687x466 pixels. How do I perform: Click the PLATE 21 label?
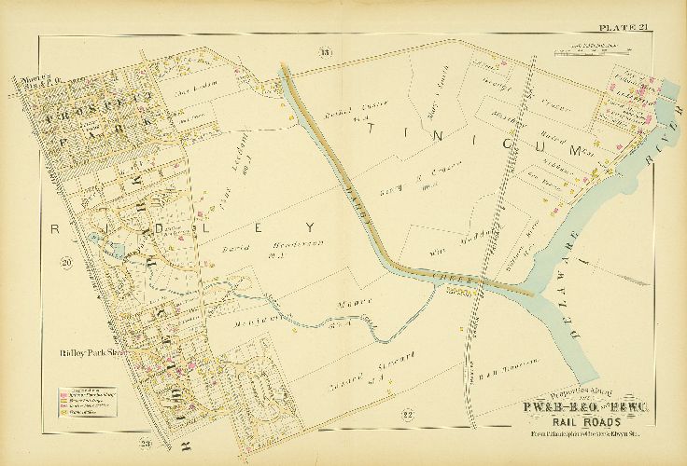point(623,27)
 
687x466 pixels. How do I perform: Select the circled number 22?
point(380,413)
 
